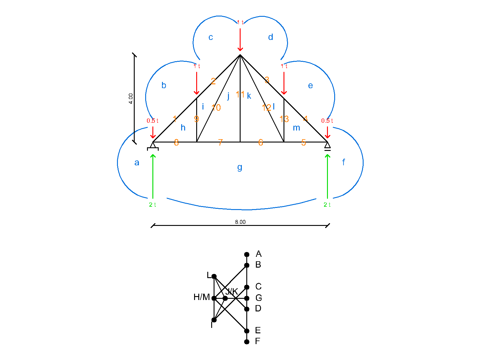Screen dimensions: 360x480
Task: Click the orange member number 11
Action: (x=240, y=94)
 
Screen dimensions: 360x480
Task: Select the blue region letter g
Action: (x=240, y=167)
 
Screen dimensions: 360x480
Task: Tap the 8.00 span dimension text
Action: (x=240, y=222)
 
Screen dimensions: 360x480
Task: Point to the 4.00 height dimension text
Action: (x=131, y=98)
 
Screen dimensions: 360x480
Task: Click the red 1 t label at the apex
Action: (x=240, y=22)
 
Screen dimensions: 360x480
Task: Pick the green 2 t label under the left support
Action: (x=152, y=205)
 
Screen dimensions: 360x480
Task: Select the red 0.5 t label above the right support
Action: (x=327, y=121)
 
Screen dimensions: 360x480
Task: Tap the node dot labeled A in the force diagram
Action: (x=247, y=254)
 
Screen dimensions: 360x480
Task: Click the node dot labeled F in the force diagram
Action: (x=247, y=342)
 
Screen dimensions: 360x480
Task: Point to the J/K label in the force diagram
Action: (x=232, y=291)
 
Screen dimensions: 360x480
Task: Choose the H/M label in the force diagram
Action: (x=202, y=297)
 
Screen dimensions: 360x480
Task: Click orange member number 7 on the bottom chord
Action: (x=220, y=142)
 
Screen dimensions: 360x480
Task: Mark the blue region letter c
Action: (x=211, y=37)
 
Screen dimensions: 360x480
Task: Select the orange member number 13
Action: (x=284, y=119)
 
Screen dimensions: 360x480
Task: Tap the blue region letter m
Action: (x=296, y=128)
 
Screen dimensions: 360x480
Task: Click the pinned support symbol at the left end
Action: (x=153, y=146)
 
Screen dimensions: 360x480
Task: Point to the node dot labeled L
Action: (x=214, y=276)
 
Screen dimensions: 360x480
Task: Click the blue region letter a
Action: (x=137, y=163)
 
